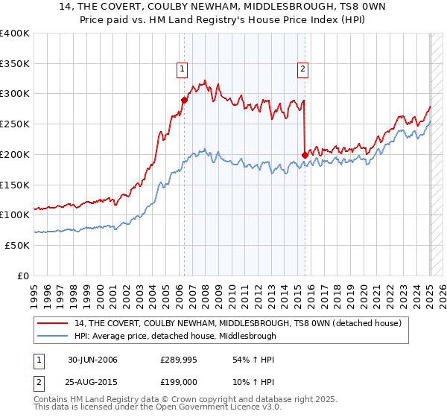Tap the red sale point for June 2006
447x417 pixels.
[184, 99]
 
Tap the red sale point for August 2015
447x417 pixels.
[305, 155]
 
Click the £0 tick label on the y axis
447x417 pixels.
[23, 276]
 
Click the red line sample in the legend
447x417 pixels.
[53, 323]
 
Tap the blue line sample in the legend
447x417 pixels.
[53, 336]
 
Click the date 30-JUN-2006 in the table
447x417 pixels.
[92, 360]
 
